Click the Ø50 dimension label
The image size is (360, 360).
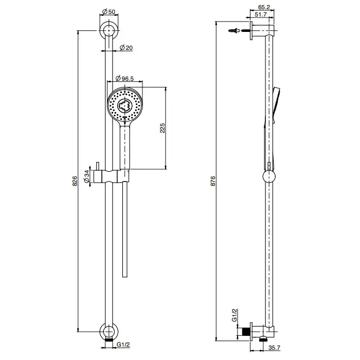coord(109,11)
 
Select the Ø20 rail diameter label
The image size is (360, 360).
coord(126,48)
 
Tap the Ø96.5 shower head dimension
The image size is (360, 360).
coord(124,79)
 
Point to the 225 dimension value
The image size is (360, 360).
coord(163,128)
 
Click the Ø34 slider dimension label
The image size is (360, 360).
coord(86,176)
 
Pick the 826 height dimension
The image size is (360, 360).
coord(75,181)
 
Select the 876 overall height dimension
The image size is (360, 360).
coord(213,181)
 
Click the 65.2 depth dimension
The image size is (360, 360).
coord(264,7)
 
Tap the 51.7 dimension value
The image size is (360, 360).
coord(261,14)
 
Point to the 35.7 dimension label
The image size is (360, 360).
coord(274,348)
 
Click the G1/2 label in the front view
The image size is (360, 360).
coord(123,345)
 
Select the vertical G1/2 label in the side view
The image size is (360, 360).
coord(234,315)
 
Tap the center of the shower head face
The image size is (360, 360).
coord(124,105)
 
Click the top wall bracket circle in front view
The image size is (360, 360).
coord(109,30)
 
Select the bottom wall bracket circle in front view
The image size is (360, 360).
coord(109,332)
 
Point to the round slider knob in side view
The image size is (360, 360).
coord(269,176)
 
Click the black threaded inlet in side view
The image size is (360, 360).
coord(246,332)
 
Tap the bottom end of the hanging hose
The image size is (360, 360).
coord(124,277)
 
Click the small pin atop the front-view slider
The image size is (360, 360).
coord(98,166)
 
